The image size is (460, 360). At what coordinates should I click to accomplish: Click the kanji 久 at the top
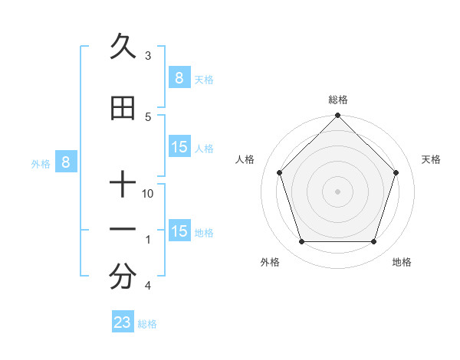click(x=123, y=47)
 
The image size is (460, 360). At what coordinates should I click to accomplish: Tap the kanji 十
click(x=123, y=185)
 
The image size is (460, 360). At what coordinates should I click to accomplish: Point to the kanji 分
click(x=123, y=277)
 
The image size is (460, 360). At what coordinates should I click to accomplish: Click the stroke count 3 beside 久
click(x=148, y=55)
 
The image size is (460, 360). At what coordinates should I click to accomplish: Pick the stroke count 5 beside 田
click(x=148, y=116)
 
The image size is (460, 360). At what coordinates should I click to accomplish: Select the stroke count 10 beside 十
click(x=148, y=193)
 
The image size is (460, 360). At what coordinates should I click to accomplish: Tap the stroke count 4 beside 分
click(x=148, y=285)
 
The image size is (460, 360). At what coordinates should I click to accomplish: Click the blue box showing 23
click(x=123, y=322)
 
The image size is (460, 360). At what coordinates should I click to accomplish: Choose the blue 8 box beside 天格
click(x=179, y=77)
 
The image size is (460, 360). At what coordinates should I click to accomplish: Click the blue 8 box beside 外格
click(x=66, y=162)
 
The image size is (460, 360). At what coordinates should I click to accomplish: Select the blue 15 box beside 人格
click(x=179, y=147)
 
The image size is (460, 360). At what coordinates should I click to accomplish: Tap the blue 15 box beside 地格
click(x=179, y=231)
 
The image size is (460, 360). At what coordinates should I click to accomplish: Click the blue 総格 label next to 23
click(x=147, y=324)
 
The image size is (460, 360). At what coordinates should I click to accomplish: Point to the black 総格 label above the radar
click(x=337, y=100)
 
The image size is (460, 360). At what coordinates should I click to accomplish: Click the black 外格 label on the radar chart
click(x=270, y=263)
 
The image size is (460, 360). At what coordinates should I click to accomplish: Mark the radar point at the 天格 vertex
click(x=396, y=172)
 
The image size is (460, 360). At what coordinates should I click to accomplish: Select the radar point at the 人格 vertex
click(x=279, y=172)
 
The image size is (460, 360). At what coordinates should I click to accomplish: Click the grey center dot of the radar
click(x=337, y=191)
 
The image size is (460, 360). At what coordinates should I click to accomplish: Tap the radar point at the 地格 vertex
click(x=373, y=241)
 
